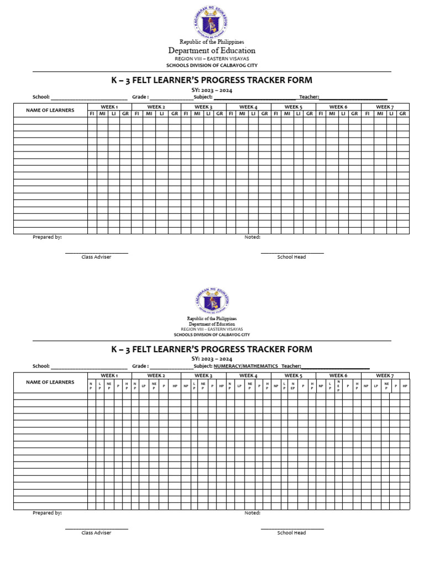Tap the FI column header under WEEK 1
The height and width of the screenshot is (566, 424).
pos(92,113)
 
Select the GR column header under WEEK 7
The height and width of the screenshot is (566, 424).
pos(403,113)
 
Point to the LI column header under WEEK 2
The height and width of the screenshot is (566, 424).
pos(162,113)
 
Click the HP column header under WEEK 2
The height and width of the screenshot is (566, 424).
pos(175,386)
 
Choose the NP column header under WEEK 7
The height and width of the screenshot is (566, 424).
pos(365,386)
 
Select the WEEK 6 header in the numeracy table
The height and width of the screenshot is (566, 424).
pos(338,375)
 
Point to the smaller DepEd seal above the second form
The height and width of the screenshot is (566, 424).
pos(211,300)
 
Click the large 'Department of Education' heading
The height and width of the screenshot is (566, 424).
pos(211,51)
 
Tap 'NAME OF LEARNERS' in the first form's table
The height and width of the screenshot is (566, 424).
pos(50,110)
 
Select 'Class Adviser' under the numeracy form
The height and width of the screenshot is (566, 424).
pos(96,533)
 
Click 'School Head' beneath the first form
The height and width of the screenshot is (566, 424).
pos(291,257)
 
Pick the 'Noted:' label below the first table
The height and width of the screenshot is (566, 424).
pos(252,237)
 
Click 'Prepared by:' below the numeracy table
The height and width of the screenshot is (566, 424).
pos(47,513)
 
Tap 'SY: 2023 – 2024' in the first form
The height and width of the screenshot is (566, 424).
pos(211,90)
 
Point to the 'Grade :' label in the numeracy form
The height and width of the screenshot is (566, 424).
pos(140,366)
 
